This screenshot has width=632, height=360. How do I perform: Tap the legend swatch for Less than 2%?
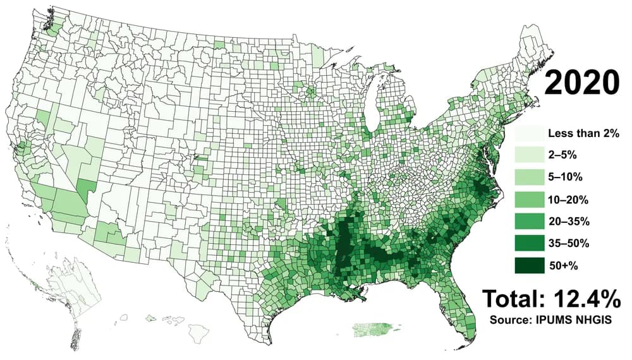point(530,133)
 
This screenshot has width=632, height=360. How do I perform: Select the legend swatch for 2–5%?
point(530,155)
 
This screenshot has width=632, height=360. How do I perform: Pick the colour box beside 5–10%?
point(530,177)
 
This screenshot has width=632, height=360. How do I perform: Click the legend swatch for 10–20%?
point(530,200)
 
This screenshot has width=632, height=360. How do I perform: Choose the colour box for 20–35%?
point(530,222)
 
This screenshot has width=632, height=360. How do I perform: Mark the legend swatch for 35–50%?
point(530,244)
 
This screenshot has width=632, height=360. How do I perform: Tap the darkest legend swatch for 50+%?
point(530,266)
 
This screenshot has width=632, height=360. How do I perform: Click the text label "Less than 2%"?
point(583,133)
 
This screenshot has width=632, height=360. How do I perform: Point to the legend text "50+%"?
point(563,266)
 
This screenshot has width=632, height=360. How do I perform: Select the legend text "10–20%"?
point(568,200)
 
